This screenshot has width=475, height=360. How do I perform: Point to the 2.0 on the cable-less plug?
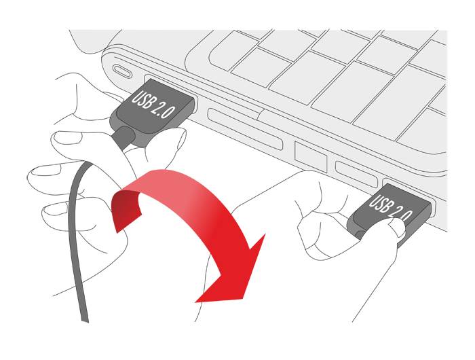pyautogui.click(x=402, y=215)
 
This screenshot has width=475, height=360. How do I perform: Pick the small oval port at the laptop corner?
pyautogui.click(x=123, y=71)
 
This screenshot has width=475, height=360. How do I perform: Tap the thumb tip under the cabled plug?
pyautogui.click(x=173, y=142)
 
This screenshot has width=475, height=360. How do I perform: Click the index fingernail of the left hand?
pyautogui.click(x=67, y=139)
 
